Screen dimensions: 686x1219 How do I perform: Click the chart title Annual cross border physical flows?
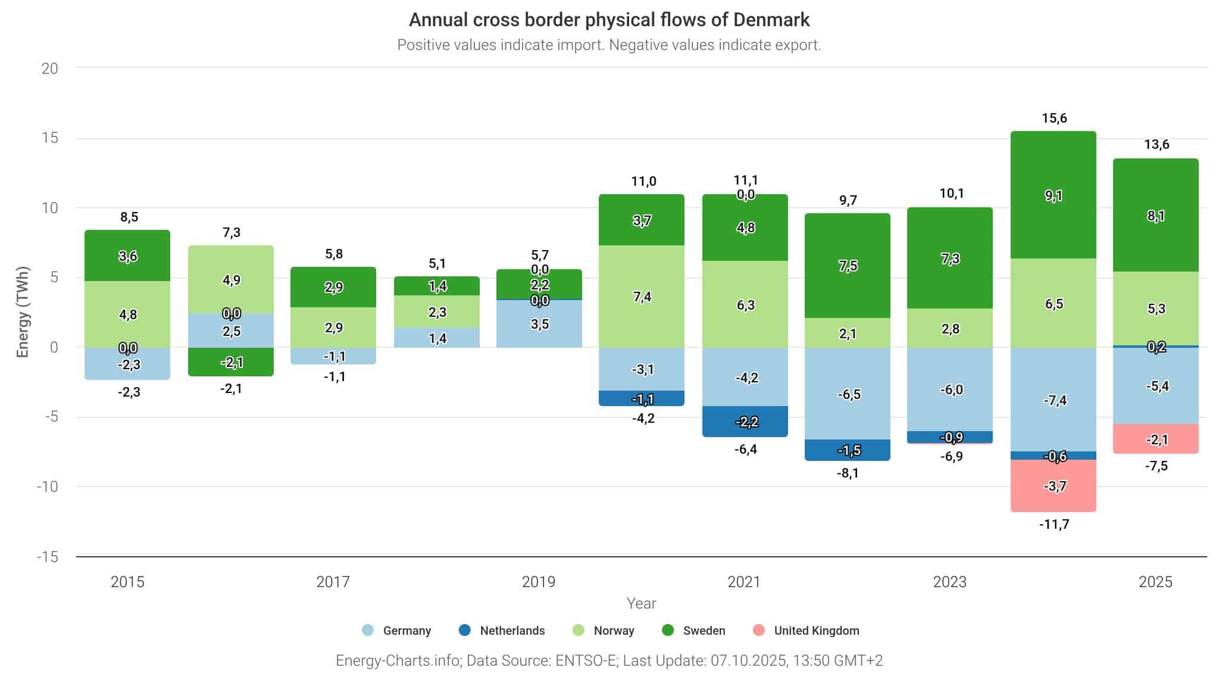pyautogui.click(x=609, y=20)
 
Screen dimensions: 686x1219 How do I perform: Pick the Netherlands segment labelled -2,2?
pyautogui.click(x=745, y=422)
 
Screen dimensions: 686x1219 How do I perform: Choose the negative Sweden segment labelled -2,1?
pyautogui.click(x=231, y=361)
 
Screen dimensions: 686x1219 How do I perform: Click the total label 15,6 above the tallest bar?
pyautogui.click(x=1054, y=119)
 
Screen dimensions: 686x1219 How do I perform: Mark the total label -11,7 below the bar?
pyautogui.click(x=1054, y=525)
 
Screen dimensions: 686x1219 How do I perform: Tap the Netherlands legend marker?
pyautogui.click(x=465, y=630)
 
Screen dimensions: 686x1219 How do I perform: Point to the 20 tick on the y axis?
pyautogui.click(x=50, y=68)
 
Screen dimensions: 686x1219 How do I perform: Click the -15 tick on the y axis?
pyautogui.click(x=48, y=557)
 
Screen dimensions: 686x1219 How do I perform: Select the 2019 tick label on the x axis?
pyautogui.click(x=539, y=582)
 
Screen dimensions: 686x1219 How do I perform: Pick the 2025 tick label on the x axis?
pyautogui.click(x=1155, y=582)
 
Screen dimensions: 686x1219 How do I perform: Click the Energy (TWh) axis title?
pyautogui.click(x=23, y=312)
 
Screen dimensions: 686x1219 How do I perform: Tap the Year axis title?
pyautogui.click(x=641, y=603)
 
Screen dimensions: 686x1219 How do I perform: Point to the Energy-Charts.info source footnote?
pyautogui.click(x=609, y=660)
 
